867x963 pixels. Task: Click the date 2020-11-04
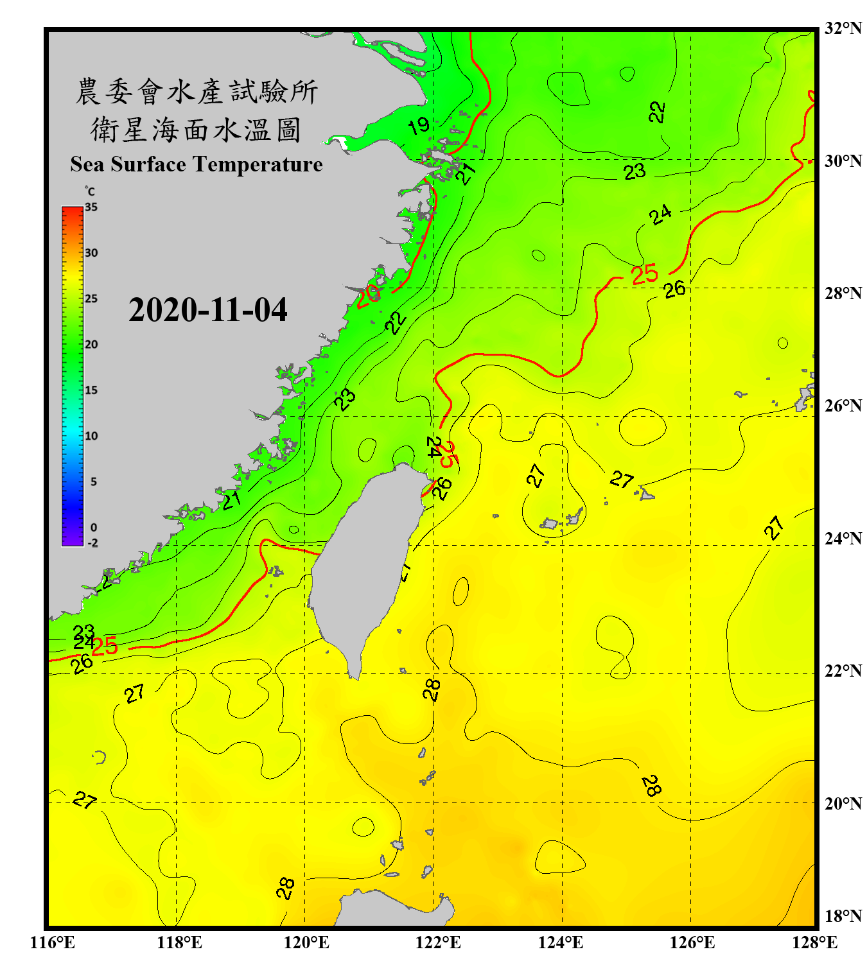pos(207,310)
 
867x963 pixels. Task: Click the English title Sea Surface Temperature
pos(197,164)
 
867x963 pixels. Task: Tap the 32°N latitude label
pos(843,28)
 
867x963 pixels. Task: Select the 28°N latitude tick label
pos(843,293)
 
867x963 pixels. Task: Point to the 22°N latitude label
pos(843,671)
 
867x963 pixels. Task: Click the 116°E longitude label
pos(52,942)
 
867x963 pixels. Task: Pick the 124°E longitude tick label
pos(561,942)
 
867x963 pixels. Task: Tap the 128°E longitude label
pos(814,942)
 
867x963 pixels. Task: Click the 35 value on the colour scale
pos(91,207)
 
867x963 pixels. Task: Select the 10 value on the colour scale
pos(91,436)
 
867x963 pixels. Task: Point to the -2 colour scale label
pos(92,543)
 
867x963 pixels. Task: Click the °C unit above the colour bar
pos(90,191)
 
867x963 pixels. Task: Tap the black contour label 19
pos(419,125)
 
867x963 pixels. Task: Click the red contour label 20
pos(369,295)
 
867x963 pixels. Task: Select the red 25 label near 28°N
pos(644,275)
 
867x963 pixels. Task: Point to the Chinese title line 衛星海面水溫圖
pos(196,130)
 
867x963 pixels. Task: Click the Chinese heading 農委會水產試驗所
pos(196,91)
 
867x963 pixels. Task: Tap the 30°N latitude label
pos(843,161)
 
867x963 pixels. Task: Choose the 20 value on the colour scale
pos(91,345)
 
